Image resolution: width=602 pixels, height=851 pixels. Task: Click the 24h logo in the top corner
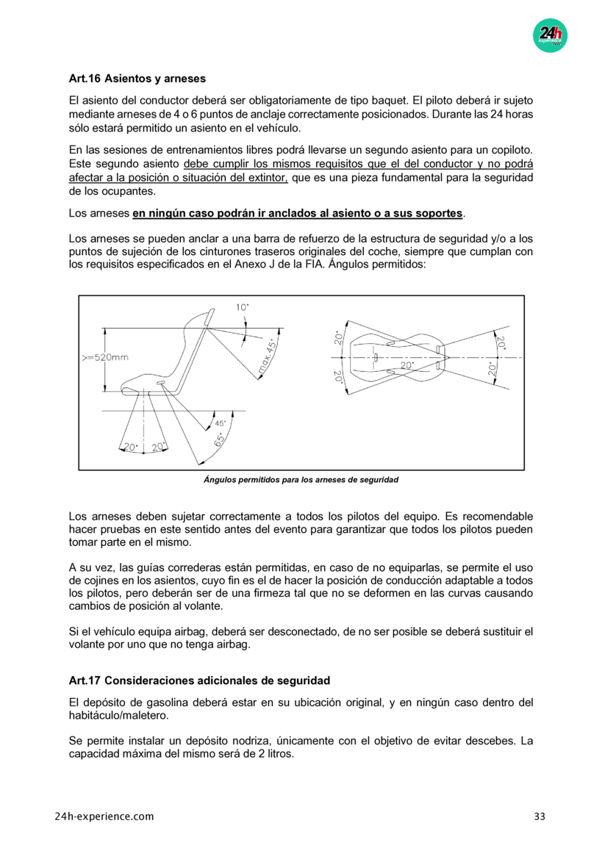click(551, 35)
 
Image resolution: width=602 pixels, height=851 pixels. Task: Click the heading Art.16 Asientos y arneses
click(137, 78)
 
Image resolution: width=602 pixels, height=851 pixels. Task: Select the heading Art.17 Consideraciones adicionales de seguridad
click(199, 680)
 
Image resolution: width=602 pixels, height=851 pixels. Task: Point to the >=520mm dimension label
click(105, 357)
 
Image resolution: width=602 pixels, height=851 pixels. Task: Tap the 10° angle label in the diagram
click(243, 307)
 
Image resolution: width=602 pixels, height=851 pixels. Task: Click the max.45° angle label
click(267, 358)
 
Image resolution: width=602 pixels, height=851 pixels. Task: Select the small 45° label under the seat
click(220, 423)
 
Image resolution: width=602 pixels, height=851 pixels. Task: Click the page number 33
click(540, 816)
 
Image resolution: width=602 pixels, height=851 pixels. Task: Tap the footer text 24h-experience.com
click(104, 816)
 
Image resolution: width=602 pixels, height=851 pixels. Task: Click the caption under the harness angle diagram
click(301, 480)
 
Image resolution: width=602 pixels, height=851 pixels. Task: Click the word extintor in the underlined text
click(269, 178)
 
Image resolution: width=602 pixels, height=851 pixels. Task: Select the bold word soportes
click(440, 213)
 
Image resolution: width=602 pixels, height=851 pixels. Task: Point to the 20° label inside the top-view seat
click(406, 364)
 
